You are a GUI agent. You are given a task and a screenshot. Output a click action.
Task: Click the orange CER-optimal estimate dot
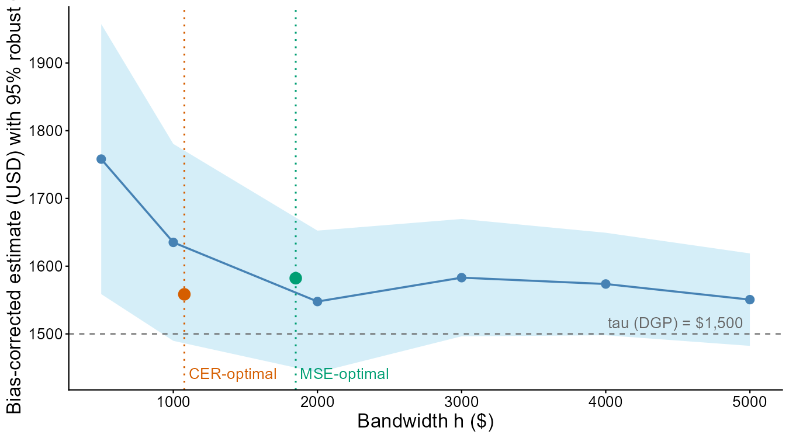[184, 294]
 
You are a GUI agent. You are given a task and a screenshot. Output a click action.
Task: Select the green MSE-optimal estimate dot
[296, 278]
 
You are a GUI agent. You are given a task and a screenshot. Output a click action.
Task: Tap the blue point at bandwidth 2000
[317, 301]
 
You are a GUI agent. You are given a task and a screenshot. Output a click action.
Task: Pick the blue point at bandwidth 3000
[462, 278]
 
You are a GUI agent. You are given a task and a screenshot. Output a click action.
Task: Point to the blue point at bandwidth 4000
[605, 284]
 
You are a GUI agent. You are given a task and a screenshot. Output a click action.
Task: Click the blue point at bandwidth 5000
[749, 300]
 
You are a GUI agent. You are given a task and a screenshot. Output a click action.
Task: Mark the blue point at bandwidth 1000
[173, 242]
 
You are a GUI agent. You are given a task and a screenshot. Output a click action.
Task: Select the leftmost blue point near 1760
[101, 159]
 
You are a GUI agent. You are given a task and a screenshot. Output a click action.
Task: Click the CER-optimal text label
[233, 374]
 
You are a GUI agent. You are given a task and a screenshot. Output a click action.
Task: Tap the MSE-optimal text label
[344, 374]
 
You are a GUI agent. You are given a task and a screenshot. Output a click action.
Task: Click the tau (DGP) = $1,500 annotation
[675, 323]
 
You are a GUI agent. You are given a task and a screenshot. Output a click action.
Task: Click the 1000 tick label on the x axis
[173, 402]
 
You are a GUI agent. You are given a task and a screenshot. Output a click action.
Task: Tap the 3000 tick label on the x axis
[462, 402]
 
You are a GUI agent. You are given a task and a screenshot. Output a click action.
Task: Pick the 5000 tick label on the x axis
[749, 402]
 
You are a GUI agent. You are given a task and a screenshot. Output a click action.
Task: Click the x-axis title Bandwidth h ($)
[425, 422]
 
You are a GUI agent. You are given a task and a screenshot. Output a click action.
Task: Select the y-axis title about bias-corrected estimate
[14, 210]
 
